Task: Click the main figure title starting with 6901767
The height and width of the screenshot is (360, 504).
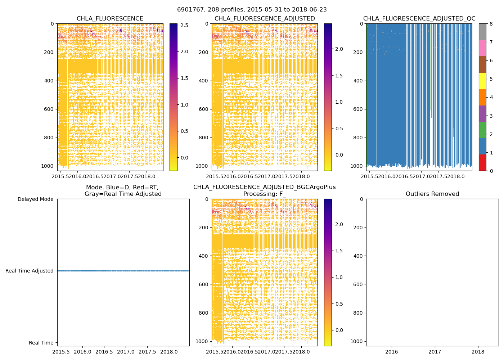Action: click(252, 10)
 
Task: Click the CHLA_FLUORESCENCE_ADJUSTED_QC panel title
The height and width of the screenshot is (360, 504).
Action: click(419, 19)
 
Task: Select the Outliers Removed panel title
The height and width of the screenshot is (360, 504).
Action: click(432, 194)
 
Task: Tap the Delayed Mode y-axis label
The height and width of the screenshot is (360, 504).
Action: click(35, 199)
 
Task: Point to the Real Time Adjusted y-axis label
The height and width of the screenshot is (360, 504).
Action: click(30, 271)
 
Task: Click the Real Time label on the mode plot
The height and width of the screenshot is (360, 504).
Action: click(41, 343)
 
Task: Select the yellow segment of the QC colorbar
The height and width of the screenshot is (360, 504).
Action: click(482, 81)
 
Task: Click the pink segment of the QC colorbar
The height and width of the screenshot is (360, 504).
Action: click(482, 48)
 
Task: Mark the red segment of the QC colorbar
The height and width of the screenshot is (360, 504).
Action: click(482, 162)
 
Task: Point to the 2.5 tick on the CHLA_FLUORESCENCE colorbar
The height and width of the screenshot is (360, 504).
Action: click(184, 25)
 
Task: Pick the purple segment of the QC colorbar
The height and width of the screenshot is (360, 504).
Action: click(482, 113)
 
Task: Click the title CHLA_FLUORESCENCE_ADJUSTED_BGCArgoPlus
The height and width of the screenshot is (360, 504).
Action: click(264, 187)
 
